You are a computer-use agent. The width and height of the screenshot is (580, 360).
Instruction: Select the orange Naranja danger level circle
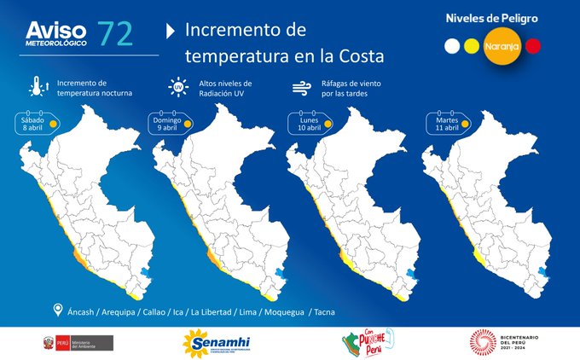[x=499, y=44]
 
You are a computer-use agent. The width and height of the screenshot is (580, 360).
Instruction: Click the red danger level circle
[x=534, y=44]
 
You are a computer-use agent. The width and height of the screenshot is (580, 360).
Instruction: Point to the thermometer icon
[x=37, y=86]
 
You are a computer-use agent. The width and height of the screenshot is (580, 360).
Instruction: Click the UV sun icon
[x=178, y=87]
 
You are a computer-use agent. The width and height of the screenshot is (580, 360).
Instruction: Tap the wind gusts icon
[x=300, y=87]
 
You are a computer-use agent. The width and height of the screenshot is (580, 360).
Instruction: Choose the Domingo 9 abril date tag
[x=168, y=122]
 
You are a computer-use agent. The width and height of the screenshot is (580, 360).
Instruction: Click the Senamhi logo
[x=215, y=342]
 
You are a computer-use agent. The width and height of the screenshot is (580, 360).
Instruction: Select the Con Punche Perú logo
[x=363, y=342]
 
